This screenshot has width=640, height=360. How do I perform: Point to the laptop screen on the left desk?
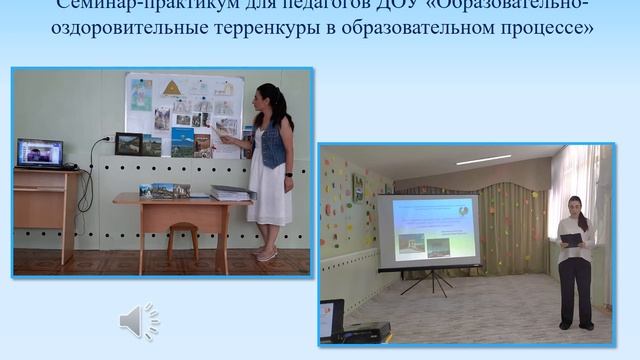pyautogui.click(x=40, y=153)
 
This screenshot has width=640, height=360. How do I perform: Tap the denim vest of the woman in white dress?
pyautogui.click(x=272, y=145)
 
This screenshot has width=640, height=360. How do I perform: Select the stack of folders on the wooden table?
pyautogui.click(x=232, y=192)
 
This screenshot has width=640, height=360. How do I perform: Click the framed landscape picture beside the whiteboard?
pyautogui.click(x=128, y=144)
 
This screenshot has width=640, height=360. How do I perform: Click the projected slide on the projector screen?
pyautogui.click(x=427, y=227)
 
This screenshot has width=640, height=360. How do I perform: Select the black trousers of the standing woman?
pyautogui.click(x=575, y=290)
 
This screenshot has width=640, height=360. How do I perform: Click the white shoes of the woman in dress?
pyautogui.click(x=265, y=254)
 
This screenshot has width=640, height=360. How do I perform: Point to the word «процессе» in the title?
pyautogui.click(x=545, y=28)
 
